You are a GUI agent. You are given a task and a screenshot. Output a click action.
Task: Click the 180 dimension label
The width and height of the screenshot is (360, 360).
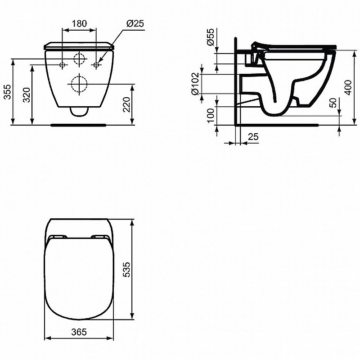tap(79, 24)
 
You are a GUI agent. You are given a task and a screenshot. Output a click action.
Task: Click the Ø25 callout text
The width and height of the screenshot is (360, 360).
tap(135, 24)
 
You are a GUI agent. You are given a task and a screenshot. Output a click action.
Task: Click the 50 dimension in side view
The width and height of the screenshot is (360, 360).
tap(333, 103)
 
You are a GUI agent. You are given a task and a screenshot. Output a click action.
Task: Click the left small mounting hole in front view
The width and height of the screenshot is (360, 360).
tap(63, 65)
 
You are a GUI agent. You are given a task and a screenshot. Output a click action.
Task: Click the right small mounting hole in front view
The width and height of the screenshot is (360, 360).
tap(96, 65)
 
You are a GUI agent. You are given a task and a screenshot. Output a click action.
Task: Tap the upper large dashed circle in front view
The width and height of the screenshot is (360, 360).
tap(79, 58)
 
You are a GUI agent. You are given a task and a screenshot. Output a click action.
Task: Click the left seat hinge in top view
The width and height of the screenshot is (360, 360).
tap(58, 236)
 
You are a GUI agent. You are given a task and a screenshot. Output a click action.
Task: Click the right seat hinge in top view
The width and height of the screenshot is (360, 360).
tap(99, 236)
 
